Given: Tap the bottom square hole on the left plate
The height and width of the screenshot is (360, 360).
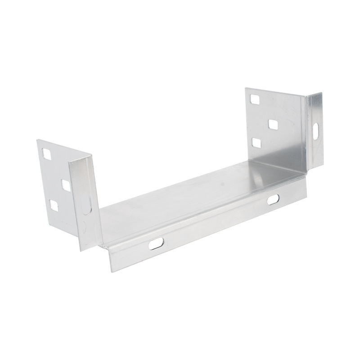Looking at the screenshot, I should tap(54, 205).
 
